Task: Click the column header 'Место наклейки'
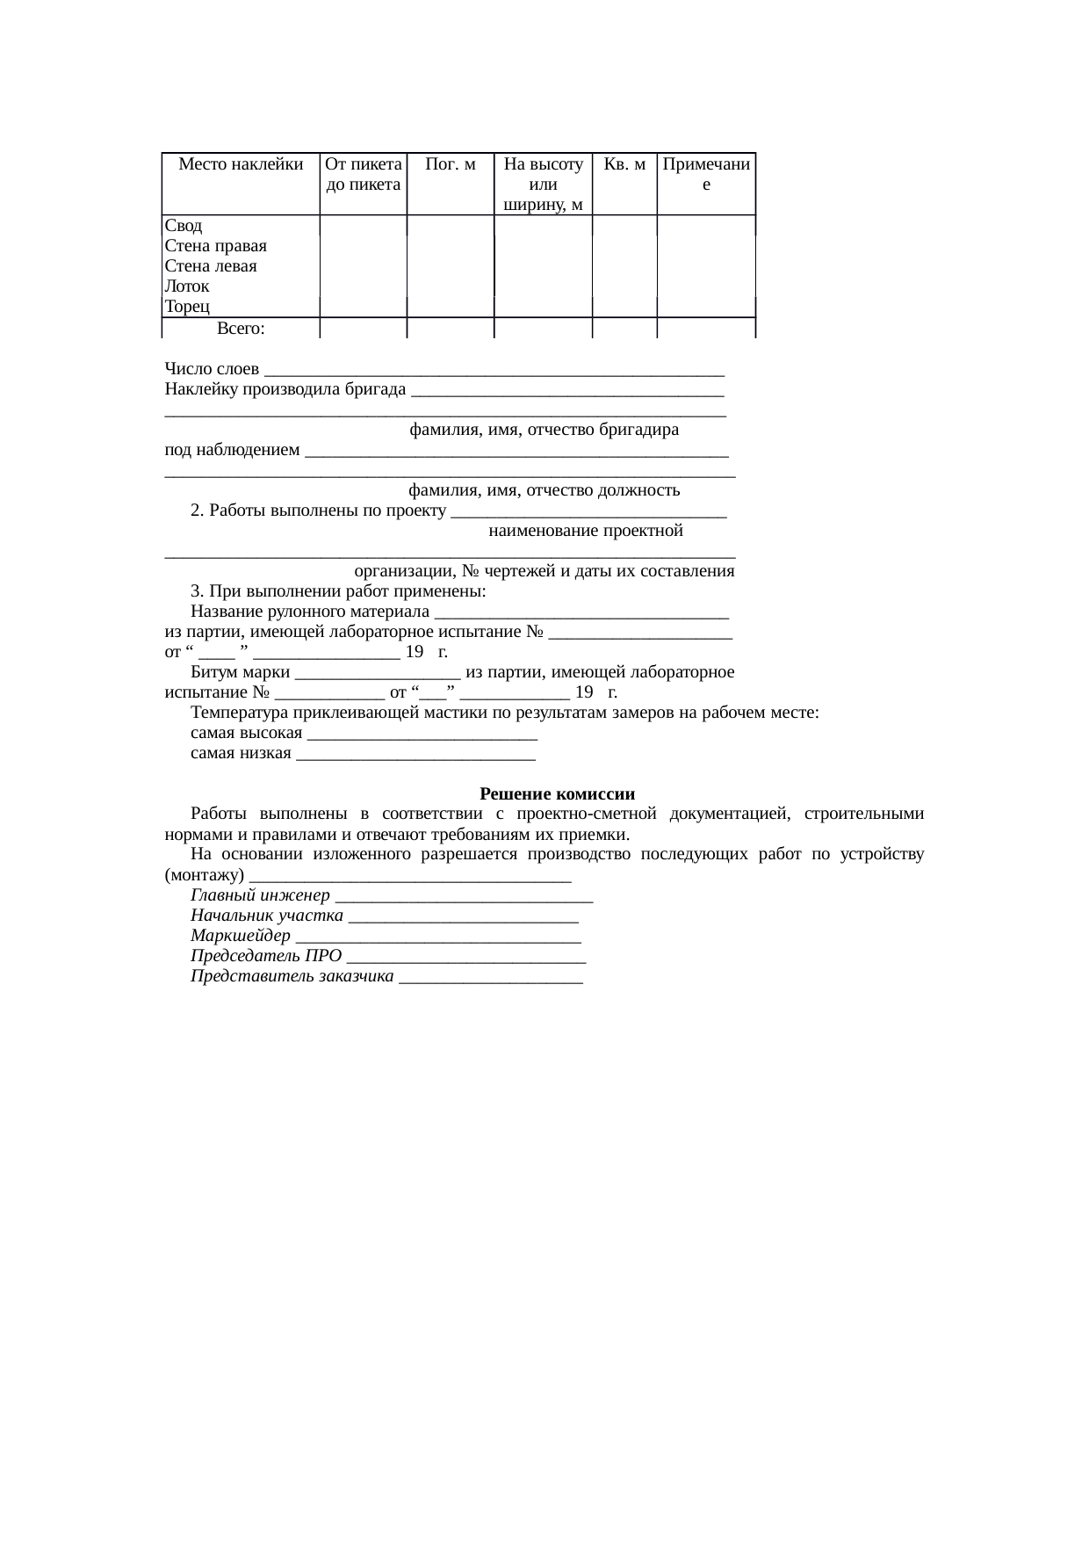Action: point(241,164)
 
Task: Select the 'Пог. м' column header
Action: point(450,164)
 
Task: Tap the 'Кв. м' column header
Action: point(624,164)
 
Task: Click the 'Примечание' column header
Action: point(706,175)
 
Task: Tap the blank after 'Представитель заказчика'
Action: point(490,979)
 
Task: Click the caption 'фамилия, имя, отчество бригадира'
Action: point(543,431)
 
